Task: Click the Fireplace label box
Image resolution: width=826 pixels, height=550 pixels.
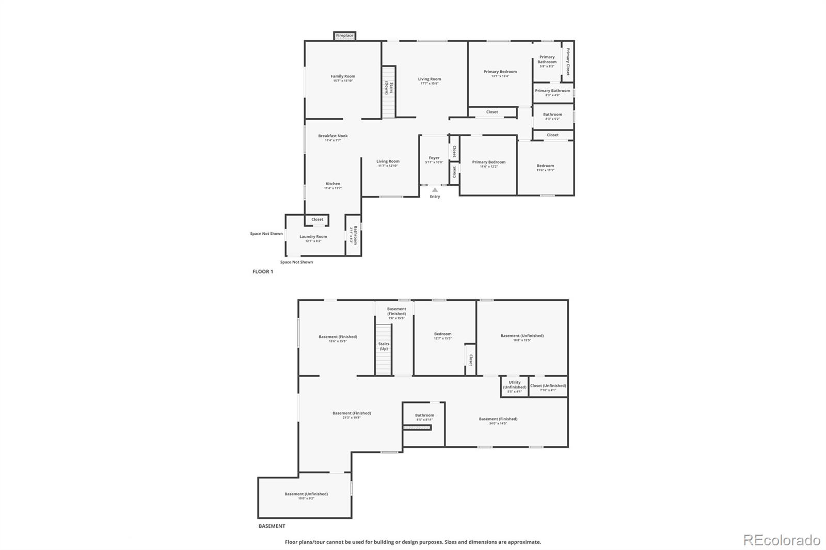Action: pos(344,36)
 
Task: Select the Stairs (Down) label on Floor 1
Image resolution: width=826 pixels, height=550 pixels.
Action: pos(389,88)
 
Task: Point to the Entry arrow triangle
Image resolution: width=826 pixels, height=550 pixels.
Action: pos(435,190)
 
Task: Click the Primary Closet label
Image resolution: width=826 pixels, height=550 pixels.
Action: pos(568,62)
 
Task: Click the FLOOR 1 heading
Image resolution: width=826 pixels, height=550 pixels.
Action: pos(262,271)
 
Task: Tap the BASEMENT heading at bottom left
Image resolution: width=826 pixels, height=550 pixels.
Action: pos(272,526)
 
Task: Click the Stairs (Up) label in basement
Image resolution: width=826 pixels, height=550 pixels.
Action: pos(384,346)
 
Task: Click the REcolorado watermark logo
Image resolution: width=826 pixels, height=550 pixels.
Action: pos(782,540)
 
